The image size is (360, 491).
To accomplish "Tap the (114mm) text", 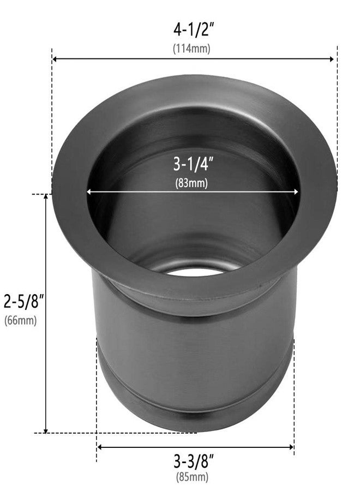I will (x=191, y=48).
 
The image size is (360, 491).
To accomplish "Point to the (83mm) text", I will (x=191, y=183).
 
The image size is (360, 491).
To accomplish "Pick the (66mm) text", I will (x=20, y=320).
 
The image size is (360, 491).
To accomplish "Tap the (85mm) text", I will (x=192, y=477).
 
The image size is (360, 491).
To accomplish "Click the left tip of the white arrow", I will (x=88, y=191).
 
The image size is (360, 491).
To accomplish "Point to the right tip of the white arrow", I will (x=298, y=191).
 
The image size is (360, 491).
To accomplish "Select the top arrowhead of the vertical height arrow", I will (x=46, y=197).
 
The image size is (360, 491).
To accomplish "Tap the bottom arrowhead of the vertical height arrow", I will (x=46, y=430).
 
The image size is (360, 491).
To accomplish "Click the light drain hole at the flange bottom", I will (x=194, y=271).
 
